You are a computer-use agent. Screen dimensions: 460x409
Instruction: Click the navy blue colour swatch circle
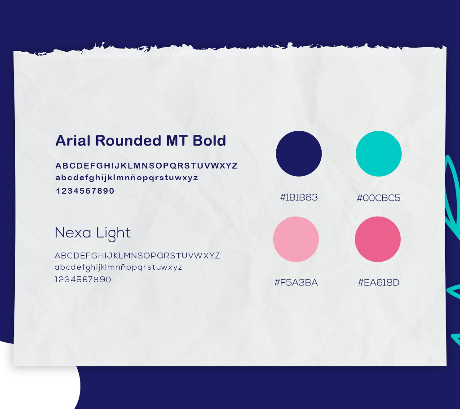click(x=299, y=154)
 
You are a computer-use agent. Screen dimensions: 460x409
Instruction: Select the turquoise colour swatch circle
click(x=378, y=154)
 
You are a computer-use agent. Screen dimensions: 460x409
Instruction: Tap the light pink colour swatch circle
click(x=296, y=239)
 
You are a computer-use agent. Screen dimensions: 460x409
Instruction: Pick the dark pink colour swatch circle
click(x=377, y=239)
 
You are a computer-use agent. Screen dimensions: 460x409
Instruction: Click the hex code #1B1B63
click(x=299, y=197)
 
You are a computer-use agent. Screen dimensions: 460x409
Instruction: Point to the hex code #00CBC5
click(x=378, y=198)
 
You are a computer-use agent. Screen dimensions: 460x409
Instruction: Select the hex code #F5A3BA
click(x=296, y=282)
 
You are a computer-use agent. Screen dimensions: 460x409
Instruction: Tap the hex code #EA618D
click(x=378, y=282)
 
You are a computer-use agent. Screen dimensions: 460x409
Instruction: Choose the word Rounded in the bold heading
click(x=128, y=140)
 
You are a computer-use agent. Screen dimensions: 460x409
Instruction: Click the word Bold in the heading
click(x=209, y=140)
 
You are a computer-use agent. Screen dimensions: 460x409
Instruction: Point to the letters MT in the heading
click(x=177, y=140)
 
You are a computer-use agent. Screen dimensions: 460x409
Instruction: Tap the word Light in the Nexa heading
click(x=113, y=234)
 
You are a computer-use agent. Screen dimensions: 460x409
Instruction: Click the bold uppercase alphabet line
click(x=146, y=166)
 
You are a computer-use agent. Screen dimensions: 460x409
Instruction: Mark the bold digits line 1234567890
click(x=85, y=191)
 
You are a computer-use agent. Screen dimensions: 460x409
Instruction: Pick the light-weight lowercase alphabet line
click(x=118, y=267)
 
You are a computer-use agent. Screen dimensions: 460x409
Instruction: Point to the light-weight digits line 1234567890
click(x=83, y=279)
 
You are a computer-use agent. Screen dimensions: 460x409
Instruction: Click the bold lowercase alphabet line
click(x=126, y=178)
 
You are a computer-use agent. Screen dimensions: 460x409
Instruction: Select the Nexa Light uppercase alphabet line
click(x=137, y=256)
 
